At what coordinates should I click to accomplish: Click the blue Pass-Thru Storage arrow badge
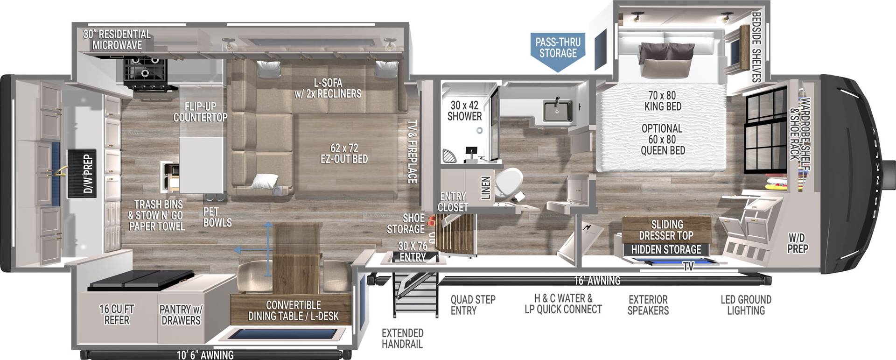558,49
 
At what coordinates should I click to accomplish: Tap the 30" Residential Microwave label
117,40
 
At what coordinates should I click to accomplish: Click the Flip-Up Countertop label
200,112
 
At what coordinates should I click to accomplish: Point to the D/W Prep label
87,174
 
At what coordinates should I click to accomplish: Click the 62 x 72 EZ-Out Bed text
344,154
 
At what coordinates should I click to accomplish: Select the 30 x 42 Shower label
464,111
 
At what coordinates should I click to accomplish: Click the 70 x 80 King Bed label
662,101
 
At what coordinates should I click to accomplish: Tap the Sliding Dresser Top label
666,230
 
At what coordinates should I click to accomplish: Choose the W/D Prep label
797,243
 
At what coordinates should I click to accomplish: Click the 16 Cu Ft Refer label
117,315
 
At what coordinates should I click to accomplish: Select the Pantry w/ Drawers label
181,315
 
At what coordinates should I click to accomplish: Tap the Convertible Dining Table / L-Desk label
293,311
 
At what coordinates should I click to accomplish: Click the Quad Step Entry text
472,305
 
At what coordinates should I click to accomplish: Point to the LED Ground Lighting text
745,305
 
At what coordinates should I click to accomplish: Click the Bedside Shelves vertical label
756,47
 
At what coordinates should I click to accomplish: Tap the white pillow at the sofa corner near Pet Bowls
265,180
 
